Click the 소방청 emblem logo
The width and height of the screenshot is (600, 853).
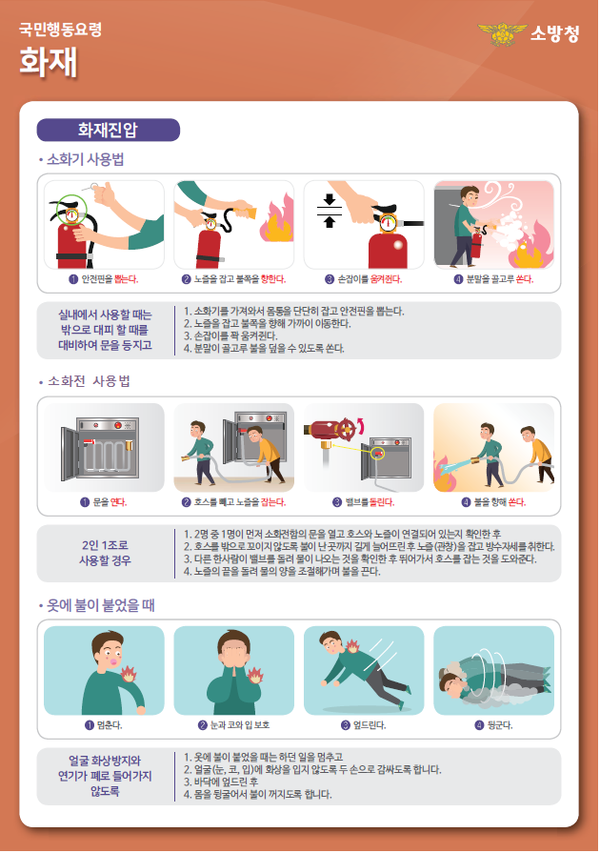pos(502,33)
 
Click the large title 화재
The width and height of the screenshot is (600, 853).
pos(49,62)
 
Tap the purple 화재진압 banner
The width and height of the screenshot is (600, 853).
pos(109,130)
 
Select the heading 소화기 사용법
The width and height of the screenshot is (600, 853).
pos(86,159)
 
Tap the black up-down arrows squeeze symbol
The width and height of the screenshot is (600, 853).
pos(329,211)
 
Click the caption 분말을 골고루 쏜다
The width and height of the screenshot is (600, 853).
pos(499,279)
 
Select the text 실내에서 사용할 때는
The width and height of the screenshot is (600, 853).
pos(105,315)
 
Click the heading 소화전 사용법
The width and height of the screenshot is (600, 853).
pos(90,381)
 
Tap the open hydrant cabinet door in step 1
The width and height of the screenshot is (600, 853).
pos(70,454)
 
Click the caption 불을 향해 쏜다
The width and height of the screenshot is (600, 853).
pos(500,502)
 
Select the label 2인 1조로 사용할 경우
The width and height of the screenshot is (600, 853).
pos(105,553)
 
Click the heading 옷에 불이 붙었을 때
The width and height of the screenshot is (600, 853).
pos(101,605)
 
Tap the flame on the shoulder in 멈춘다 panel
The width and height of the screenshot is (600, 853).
pos(129,674)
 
